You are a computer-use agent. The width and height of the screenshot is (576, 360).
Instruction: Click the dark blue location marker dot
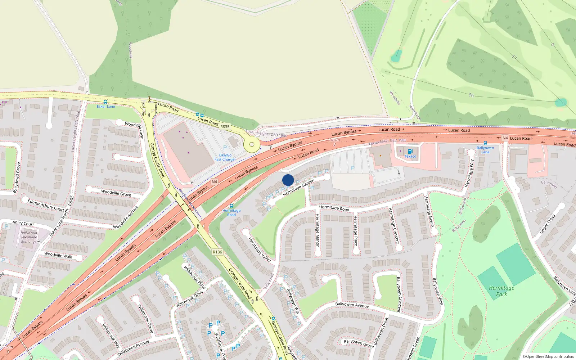tap(288, 180)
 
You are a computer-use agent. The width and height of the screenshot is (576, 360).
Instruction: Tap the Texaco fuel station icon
tap(410, 152)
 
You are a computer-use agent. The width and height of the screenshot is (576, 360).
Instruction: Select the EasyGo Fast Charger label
tap(225, 157)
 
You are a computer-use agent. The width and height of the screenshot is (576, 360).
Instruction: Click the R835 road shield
tap(225, 127)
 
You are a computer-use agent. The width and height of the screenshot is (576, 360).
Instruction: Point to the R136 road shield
tap(217, 252)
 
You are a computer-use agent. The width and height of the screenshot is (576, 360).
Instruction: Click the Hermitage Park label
tap(501, 291)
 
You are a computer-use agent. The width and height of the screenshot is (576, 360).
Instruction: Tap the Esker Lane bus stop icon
tap(105, 102)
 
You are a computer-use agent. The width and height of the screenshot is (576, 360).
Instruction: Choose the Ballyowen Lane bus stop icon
tap(485, 143)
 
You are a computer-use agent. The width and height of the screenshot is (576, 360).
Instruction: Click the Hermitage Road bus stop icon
tap(231, 206)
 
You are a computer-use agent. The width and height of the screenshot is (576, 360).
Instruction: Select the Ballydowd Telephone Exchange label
tap(29, 237)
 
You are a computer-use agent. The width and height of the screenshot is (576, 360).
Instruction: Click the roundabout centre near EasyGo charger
tap(252, 145)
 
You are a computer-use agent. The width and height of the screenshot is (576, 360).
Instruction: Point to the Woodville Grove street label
tap(116, 193)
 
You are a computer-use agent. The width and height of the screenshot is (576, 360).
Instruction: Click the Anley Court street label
tap(23, 223)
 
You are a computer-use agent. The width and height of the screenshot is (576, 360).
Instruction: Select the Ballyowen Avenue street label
tap(352, 305)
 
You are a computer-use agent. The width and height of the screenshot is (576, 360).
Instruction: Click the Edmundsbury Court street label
tap(46, 205)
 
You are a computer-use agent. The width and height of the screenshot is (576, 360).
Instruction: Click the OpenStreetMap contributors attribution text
tap(548, 356)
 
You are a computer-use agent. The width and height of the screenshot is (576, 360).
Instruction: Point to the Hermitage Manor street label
tap(317, 230)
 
